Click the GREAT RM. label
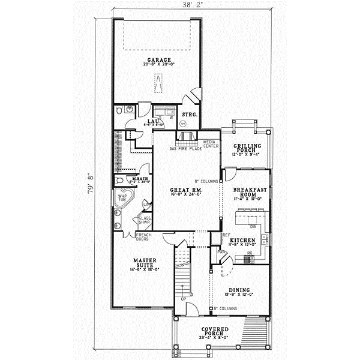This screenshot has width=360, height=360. (x=178, y=191)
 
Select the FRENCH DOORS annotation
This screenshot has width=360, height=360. (x=143, y=236)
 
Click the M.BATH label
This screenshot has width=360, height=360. (x=140, y=179)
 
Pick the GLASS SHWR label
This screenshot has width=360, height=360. (x=144, y=220)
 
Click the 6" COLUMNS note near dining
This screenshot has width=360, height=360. (x=226, y=309)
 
